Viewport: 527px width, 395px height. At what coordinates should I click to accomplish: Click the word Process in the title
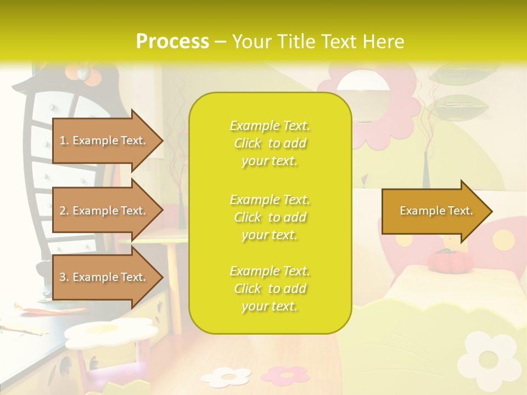pos(172,42)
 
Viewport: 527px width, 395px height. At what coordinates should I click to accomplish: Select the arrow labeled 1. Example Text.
pos(104,140)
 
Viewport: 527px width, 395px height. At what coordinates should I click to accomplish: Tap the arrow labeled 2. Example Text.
pos(104,211)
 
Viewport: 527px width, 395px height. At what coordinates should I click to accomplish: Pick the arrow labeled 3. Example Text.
pos(104,277)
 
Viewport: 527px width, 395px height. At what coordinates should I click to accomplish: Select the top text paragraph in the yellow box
pos(270,143)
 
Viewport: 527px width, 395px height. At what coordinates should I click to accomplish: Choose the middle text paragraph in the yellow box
pos(270,217)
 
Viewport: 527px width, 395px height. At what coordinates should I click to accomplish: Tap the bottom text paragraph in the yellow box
pos(270,289)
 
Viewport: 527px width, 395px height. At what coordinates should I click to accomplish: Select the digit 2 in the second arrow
pos(63,211)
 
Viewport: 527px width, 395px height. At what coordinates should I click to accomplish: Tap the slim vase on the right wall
pos(427,170)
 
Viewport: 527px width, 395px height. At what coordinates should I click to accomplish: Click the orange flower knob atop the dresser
pos(82,72)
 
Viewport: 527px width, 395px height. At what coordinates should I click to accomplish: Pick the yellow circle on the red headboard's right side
pos(502,239)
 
